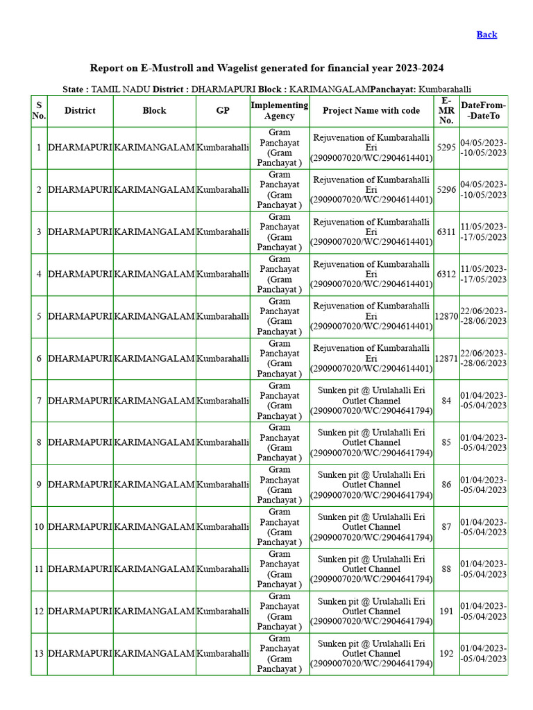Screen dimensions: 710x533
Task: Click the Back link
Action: click(x=487, y=35)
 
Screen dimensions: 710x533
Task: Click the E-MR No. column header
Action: click(x=446, y=111)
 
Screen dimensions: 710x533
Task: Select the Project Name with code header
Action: click(x=371, y=111)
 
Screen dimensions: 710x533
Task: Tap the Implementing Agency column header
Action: click(x=280, y=111)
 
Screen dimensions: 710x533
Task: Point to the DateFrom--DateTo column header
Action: click(x=483, y=111)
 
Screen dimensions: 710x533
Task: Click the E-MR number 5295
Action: click(x=446, y=148)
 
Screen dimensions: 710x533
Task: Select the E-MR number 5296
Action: click(x=446, y=190)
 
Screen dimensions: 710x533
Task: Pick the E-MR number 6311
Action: click(x=446, y=232)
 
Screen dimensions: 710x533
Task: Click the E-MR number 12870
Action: click(x=446, y=317)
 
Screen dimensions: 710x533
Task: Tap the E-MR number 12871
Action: click(x=446, y=359)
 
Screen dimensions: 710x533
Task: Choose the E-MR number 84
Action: click(x=446, y=401)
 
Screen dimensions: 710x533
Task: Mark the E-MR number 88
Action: click(x=446, y=569)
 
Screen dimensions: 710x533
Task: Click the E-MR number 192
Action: click(x=446, y=654)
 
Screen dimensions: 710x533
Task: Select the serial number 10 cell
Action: click(x=39, y=527)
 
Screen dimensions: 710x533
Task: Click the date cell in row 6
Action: click(x=483, y=358)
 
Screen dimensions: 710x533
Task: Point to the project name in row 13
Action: click(x=371, y=654)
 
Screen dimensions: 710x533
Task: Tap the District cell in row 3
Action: click(x=80, y=232)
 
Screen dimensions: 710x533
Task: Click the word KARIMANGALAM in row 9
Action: click(x=154, y=485)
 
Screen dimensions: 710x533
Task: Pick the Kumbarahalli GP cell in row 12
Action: click(x=223, y=612)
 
